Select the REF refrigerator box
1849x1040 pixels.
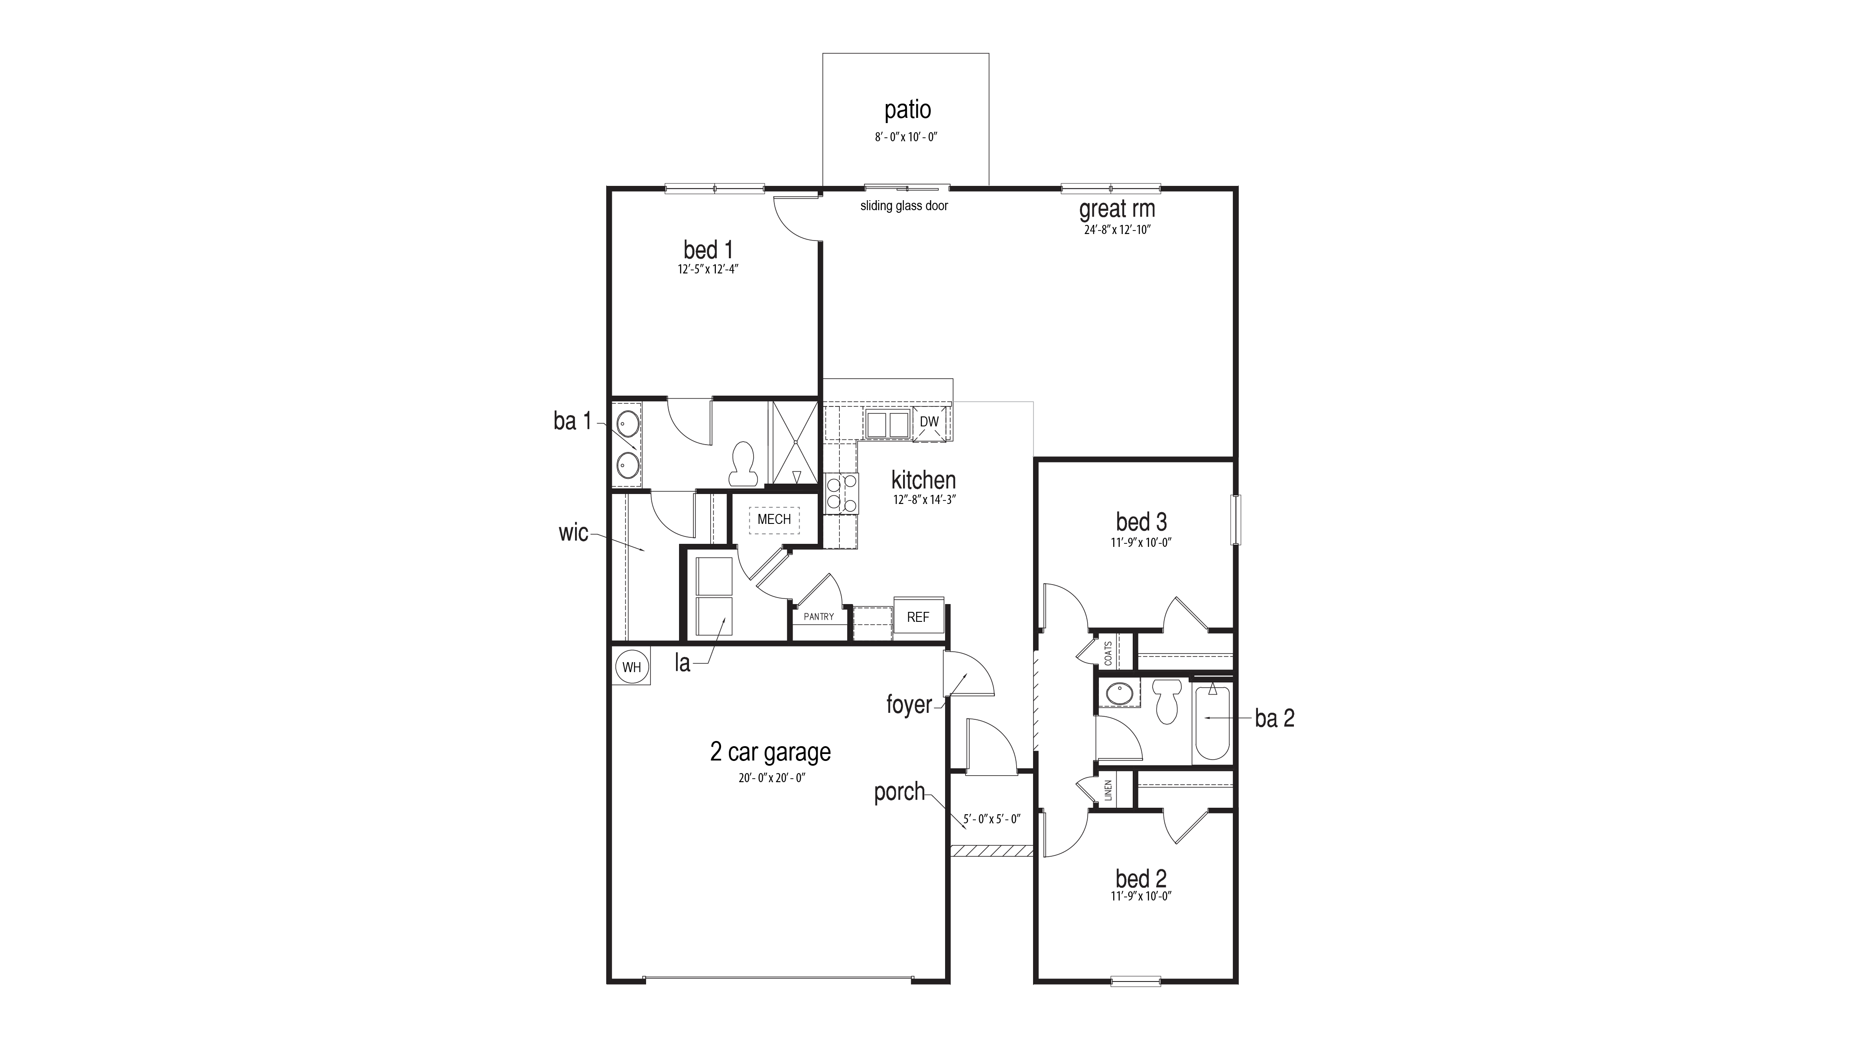(x=918, y=617)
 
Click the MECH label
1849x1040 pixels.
(x=774, y=519)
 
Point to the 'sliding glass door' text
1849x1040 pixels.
(x=903, y=206)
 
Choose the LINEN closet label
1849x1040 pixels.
(x=1108, y=790)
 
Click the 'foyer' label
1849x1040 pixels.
(x=908, y=705)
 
